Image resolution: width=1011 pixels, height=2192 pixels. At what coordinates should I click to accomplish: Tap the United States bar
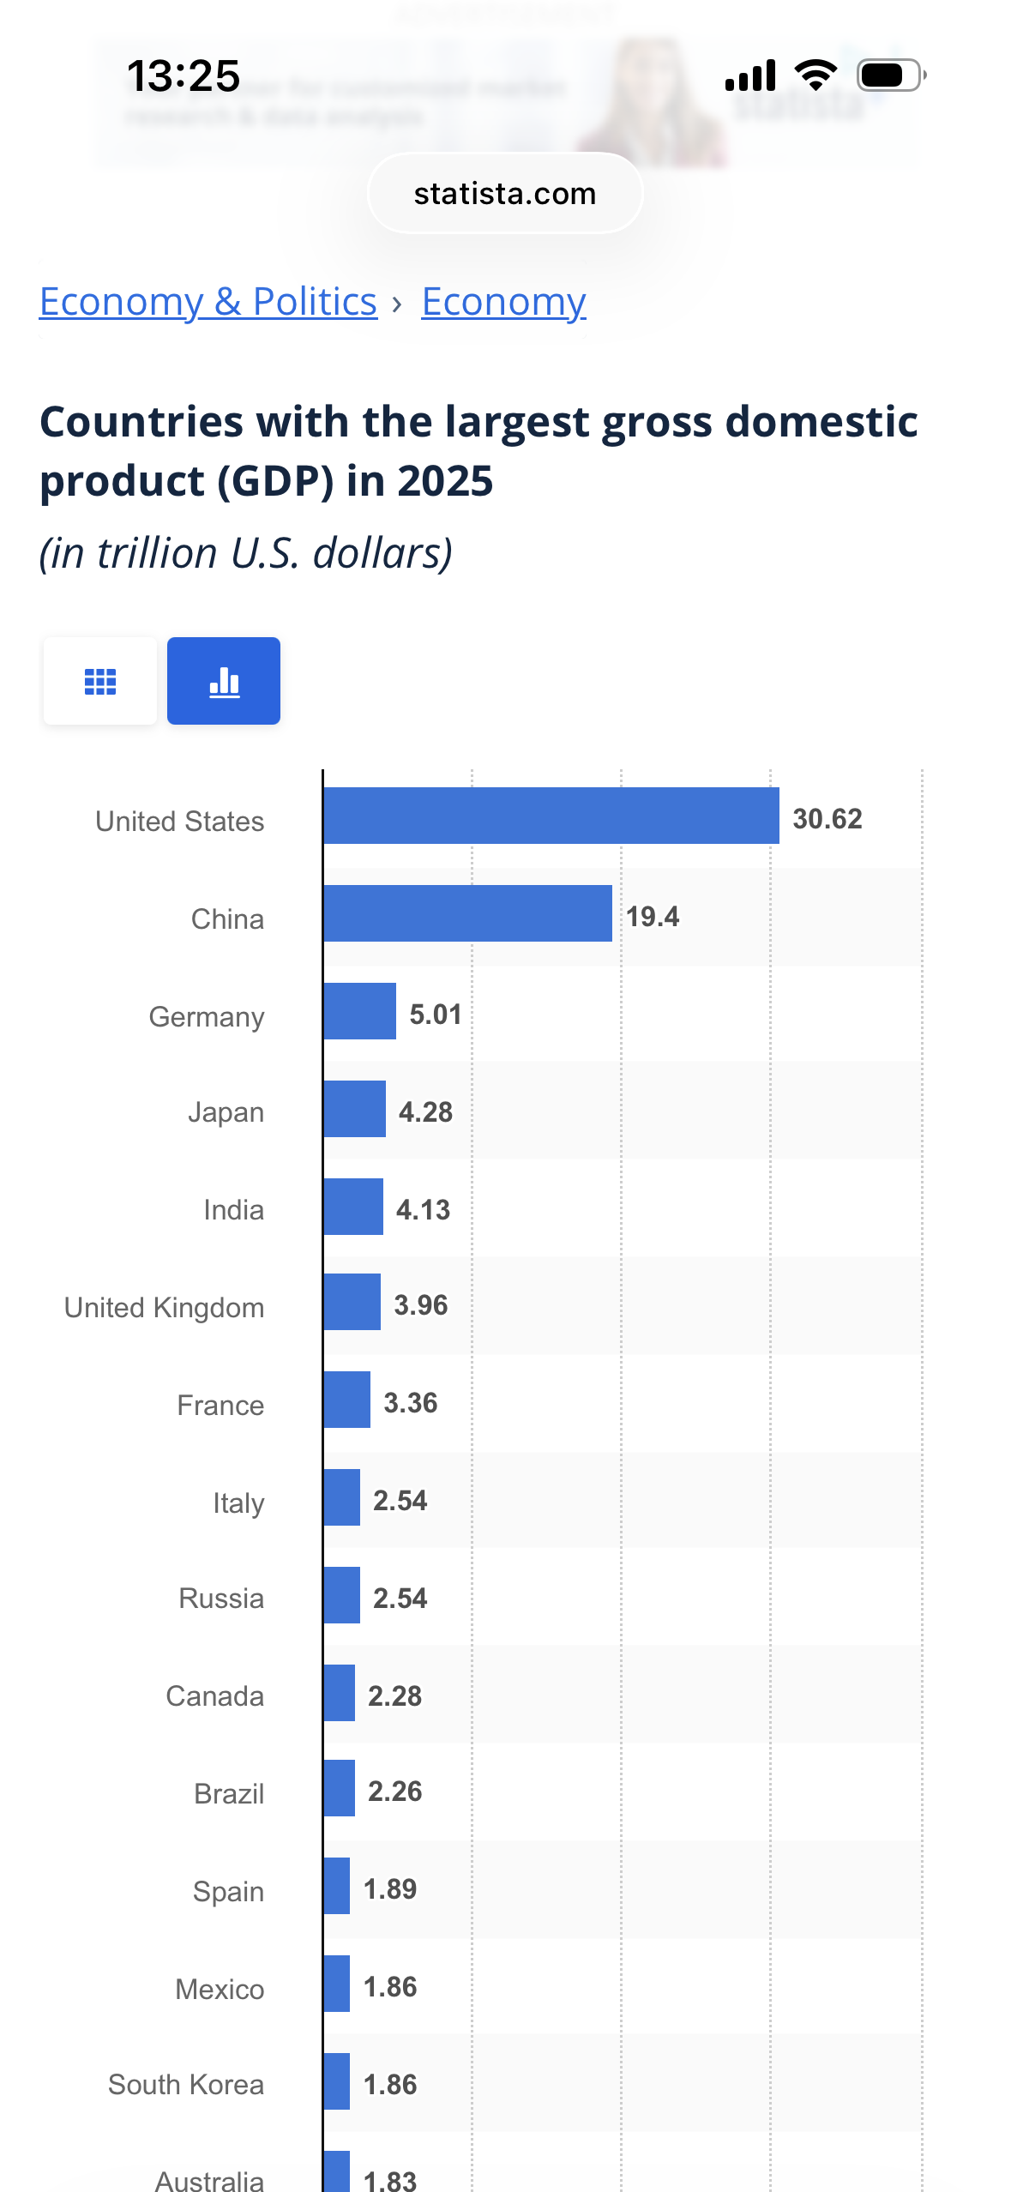(x=551, y=816)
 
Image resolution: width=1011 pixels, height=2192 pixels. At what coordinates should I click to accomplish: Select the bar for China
(x=468, y=913)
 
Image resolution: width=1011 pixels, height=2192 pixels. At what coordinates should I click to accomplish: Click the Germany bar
(x=360, y=1011)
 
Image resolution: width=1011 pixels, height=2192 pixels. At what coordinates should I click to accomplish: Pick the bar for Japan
(x=355, y=1109)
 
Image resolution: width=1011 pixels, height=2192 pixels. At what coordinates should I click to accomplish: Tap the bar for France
(x=347, y=1400)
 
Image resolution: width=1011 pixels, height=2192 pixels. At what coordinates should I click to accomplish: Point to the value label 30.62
(x=827, y=819)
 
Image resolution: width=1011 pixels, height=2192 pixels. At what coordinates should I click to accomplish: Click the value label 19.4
(x=652, y=917)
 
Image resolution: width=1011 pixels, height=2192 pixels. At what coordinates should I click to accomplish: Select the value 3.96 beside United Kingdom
(x=420, y=1305)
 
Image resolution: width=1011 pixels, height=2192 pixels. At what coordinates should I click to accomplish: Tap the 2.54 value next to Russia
(x=400, y=1599)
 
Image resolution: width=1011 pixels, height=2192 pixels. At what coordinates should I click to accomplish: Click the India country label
(x=233, y=1210)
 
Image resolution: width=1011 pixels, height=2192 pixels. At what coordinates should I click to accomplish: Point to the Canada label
(x=214, y=1696)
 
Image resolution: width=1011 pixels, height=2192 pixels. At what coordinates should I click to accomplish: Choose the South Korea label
(x=186, y=2085)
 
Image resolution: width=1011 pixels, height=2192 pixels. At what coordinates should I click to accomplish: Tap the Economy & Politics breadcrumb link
(x=208, y=302)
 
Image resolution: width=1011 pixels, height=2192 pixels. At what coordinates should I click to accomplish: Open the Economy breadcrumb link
(x=503, y=302)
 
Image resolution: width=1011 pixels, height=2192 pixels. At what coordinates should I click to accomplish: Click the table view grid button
(x=100, y=682)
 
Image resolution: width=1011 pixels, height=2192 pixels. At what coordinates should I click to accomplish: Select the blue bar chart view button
(x=224, y=682)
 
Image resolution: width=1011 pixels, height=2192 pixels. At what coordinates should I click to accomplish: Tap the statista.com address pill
(x=505, y=194)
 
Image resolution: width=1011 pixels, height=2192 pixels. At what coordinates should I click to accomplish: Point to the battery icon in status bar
(x=890, y=75)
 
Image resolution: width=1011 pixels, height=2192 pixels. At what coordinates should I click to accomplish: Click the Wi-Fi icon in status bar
(x=815, y=75)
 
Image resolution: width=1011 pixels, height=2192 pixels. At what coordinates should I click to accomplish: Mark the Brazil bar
(x=340, y=1788)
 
